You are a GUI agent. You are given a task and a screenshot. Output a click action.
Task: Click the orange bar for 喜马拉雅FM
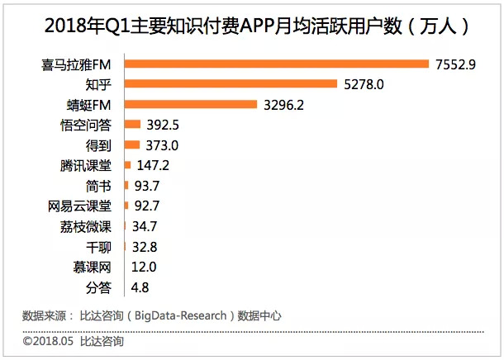coord(276,64)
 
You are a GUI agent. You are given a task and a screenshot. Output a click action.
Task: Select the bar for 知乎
coord(231,83)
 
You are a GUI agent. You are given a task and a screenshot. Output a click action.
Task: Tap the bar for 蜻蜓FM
coord(189,104)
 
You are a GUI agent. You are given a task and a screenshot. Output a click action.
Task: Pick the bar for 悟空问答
coord(131,125)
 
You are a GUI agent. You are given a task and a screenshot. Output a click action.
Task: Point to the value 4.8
coord(140,287)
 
